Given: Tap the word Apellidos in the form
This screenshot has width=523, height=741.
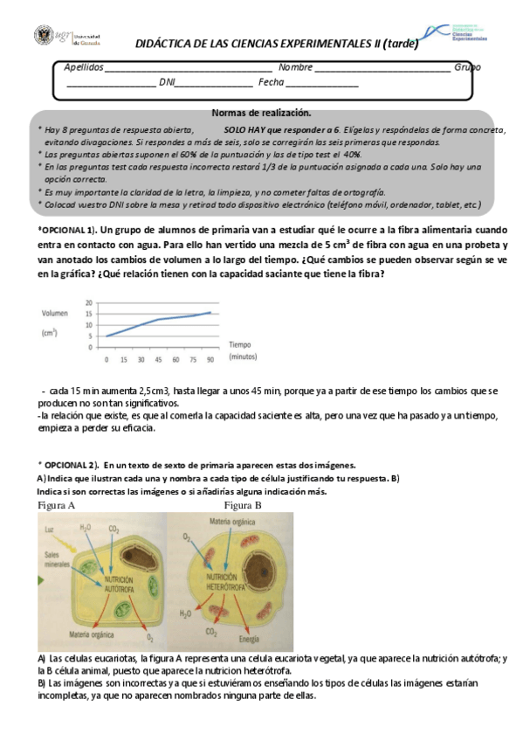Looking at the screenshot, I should [84, 67].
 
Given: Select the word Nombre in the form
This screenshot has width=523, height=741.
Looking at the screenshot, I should [295, 67].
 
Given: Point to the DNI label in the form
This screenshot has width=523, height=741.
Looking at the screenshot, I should [167, 83].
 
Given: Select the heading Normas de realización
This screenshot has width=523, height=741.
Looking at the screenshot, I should [261, 113].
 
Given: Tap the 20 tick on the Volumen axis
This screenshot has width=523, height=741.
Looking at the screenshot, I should [88, 302].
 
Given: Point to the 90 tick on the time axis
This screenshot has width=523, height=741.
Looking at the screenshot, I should [210, 359].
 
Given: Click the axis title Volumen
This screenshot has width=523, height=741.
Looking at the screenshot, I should [55, 313].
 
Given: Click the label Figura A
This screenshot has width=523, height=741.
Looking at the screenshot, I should [56, 505].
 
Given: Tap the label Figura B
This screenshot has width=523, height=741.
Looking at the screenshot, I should [243, 505].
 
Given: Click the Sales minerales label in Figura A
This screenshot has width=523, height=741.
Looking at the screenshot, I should [55, 560].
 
